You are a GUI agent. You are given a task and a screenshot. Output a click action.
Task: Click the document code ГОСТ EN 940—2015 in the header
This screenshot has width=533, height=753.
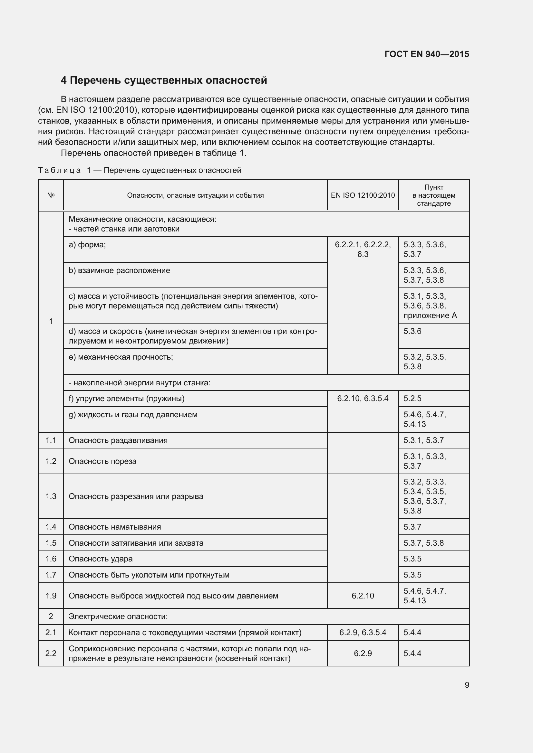point(427,54)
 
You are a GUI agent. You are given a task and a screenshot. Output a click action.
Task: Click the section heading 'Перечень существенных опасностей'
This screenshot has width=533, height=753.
point(164,80)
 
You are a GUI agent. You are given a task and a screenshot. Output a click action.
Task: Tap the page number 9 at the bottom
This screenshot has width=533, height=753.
point(467,685)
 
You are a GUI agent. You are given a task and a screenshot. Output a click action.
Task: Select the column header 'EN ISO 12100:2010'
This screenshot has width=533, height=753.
point(363,195)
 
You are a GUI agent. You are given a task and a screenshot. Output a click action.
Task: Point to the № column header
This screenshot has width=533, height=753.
point(51,195)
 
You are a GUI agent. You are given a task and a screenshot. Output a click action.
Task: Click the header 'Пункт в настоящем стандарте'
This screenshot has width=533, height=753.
point(434,195)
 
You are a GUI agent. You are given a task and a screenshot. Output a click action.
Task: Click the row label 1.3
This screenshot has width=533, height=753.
point(51,496)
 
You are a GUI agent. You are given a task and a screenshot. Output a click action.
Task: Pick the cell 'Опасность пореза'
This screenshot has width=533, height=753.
point(103,461)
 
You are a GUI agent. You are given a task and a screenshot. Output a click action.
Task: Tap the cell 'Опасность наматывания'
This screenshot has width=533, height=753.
point(115,527)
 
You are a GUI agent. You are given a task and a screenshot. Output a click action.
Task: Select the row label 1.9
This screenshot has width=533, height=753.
point(51,596)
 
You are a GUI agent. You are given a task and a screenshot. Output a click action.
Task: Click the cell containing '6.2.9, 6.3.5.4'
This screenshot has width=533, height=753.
point(363,632)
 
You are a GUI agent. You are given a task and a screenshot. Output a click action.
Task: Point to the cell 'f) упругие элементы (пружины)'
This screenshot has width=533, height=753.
point(127,399)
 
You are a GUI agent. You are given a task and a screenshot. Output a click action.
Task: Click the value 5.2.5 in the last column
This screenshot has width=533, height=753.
point(412,399)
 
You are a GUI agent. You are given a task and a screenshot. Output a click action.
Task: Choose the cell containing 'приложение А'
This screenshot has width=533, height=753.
point(430,315)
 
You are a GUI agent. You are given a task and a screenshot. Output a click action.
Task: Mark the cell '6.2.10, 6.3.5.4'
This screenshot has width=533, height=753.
point(363,399)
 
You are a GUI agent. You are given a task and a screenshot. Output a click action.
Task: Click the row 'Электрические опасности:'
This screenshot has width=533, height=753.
point(118,617)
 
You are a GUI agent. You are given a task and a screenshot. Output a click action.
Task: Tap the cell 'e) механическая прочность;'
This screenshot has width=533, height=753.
point(121,357)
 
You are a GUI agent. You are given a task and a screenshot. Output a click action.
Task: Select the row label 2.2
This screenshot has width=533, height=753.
point(51,653)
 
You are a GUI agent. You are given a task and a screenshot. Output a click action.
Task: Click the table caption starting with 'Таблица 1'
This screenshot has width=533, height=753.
point(140,171)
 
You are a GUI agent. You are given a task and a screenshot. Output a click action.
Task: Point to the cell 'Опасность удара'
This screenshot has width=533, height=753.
point(101,559)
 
